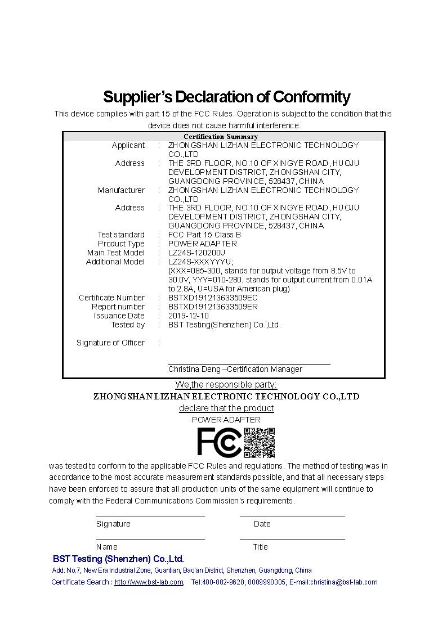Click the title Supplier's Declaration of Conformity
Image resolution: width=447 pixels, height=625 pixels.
(x=226, y=97)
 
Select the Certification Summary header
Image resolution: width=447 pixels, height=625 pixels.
(x=221, y=137)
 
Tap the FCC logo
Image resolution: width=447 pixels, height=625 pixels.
(x=219, y=442)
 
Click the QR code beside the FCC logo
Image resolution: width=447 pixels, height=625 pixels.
(x=259, y=442)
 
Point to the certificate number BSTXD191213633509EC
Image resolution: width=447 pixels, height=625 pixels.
(x=213, y=298)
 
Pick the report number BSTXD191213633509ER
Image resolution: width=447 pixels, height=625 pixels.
(x=213, y=307)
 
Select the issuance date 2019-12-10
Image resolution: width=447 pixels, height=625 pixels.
(x=188, y=316)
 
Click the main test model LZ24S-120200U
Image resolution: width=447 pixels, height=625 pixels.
(x=196, y=253)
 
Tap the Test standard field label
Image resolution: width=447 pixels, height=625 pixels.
(x=121, y=235)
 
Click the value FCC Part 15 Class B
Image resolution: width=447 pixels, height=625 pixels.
(x=204, y=235)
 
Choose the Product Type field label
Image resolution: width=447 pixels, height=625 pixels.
(x=121, y=244)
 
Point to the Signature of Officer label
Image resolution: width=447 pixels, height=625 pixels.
(x=110, y=343)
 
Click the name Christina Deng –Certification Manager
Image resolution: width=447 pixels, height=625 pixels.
(x=235, y=369)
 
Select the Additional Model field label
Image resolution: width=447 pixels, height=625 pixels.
(x=115, y=262)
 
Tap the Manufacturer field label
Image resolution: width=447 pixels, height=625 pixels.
(x=121, y=190)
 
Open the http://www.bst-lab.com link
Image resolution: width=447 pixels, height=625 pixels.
(x=149, y=582)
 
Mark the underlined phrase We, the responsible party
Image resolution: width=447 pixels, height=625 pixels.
(x=226, y=385)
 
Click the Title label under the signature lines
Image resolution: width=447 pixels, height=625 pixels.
(x=260, y=547)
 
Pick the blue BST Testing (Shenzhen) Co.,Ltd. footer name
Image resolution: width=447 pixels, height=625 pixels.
(x=118, y=559)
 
